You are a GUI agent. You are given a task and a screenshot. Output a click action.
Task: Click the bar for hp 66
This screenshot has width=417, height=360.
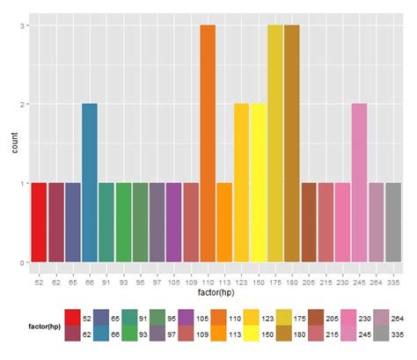click(x=90, y=183)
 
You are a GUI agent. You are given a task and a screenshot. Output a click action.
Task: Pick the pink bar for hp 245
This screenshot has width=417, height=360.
click(x=359, y=183)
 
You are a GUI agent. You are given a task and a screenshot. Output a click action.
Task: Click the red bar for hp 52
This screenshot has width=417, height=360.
click(x=39, y=223)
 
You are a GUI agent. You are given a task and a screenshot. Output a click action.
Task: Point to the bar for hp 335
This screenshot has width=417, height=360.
click(x=393, y=223)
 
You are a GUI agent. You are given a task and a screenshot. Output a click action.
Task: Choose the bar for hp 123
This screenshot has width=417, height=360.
click(x=241, y=183)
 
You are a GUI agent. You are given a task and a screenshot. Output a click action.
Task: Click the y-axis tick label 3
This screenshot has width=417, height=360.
click(x=22, y=26)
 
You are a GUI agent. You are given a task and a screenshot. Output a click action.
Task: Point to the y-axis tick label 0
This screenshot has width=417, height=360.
click(x=22, y=262)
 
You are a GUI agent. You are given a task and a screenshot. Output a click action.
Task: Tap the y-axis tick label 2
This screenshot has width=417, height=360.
click(x=22, y=105)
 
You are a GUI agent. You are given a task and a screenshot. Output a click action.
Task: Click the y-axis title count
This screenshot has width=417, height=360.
click(x=9, y=144)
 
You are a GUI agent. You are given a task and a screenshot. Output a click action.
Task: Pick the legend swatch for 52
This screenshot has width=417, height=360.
click(x=73, y=318)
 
